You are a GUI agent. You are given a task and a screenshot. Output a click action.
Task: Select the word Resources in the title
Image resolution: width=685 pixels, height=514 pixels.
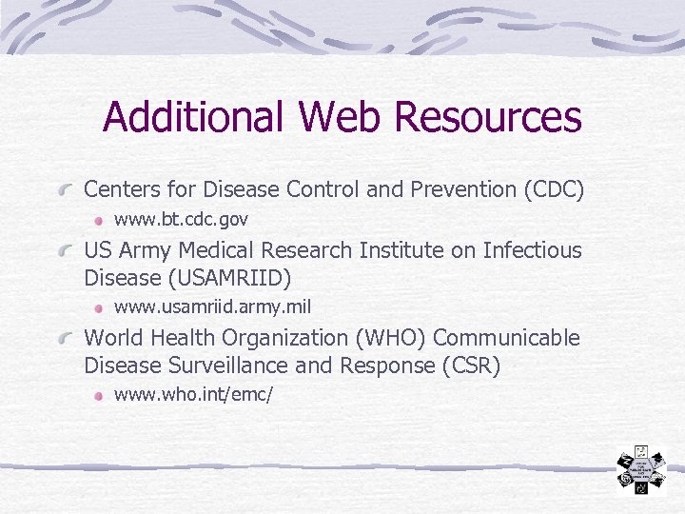pyautogui.click(x=488, y=117)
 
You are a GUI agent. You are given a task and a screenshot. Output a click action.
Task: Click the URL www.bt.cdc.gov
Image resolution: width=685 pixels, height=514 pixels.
pyautogui.click(x=181, y=220)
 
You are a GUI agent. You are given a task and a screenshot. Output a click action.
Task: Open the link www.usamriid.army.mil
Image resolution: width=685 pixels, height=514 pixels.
pyautogui.click(x=212, y=306)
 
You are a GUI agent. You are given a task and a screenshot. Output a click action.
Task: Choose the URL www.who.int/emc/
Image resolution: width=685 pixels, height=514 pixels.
pyautogui.click(x=193, y=394)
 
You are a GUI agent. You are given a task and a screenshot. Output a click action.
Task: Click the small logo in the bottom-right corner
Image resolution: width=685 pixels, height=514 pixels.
pyautogui.click(x=640, y=470)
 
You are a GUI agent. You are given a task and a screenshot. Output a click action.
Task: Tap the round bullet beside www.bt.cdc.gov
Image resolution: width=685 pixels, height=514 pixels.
pyautogui.click(x=99, y=220)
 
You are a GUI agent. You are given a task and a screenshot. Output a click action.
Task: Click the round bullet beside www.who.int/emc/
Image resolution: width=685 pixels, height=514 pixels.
pyautogui.click(x=99, y=394)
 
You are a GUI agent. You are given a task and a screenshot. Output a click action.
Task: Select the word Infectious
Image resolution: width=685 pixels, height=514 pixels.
pyautogui.click(x=532, y=250)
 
